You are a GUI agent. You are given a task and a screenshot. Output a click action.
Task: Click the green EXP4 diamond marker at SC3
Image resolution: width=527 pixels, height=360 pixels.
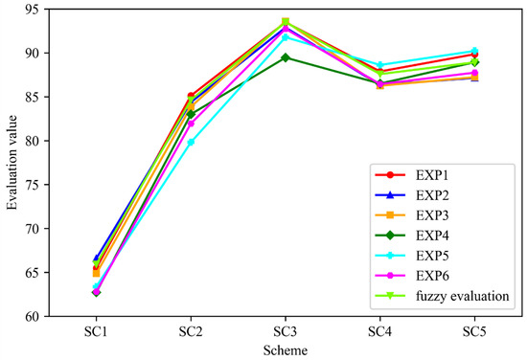tap(286, 57)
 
